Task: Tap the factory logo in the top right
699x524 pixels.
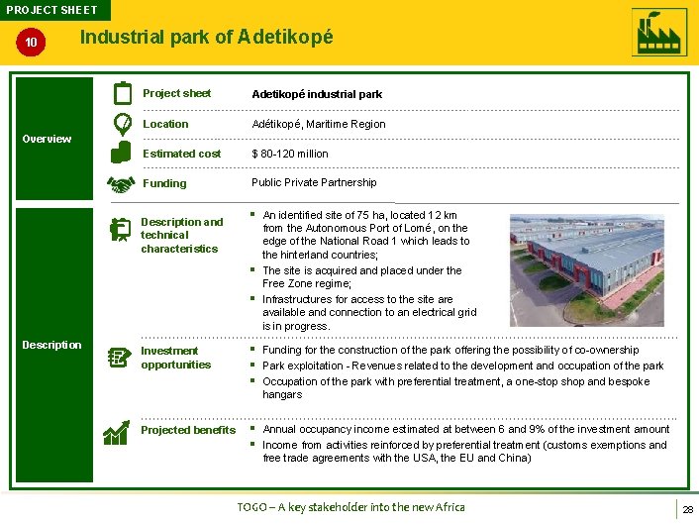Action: click(x=658, y=33)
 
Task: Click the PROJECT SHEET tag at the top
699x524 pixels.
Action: click(x=53, y=10)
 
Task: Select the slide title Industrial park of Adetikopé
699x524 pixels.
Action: click(x=207, y=37)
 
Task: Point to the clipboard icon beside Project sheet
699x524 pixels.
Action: click(x=122, y=93)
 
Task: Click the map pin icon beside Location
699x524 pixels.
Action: click(x=122, y=124)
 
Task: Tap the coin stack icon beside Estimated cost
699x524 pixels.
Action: click(x=121, y=153)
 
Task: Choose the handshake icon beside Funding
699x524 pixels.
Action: click(x=121, y=184)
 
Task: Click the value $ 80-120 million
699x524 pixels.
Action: click(x=290, y=154)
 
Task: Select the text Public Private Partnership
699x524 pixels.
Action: click(x=314, y=182)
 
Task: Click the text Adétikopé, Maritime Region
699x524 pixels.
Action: click(x=319, y=124)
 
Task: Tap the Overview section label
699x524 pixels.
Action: click(x=47, y=139)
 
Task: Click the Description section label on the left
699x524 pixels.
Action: click(x=51, y=345)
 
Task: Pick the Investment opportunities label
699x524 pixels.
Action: click(x=175, y=358)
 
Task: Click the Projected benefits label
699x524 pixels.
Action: click(x=188, y=430)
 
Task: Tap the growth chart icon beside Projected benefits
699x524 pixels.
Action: click(x=119, y=432)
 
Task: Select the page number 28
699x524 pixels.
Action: click(x=686, y=508)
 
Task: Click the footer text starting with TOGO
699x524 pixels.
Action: click(x=350, y=507)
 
